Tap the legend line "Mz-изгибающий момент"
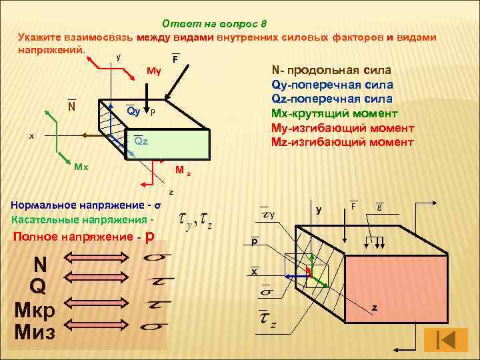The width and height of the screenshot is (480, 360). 343,142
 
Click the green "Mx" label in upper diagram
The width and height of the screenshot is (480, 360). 81,167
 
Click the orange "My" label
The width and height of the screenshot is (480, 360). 153,69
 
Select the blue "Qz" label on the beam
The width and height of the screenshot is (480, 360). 140,141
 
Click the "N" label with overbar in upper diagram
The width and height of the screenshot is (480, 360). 71,106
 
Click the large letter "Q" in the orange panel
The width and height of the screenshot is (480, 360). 39,287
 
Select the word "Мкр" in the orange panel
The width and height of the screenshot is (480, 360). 35,309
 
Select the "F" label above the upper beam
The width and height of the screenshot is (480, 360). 175,60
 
